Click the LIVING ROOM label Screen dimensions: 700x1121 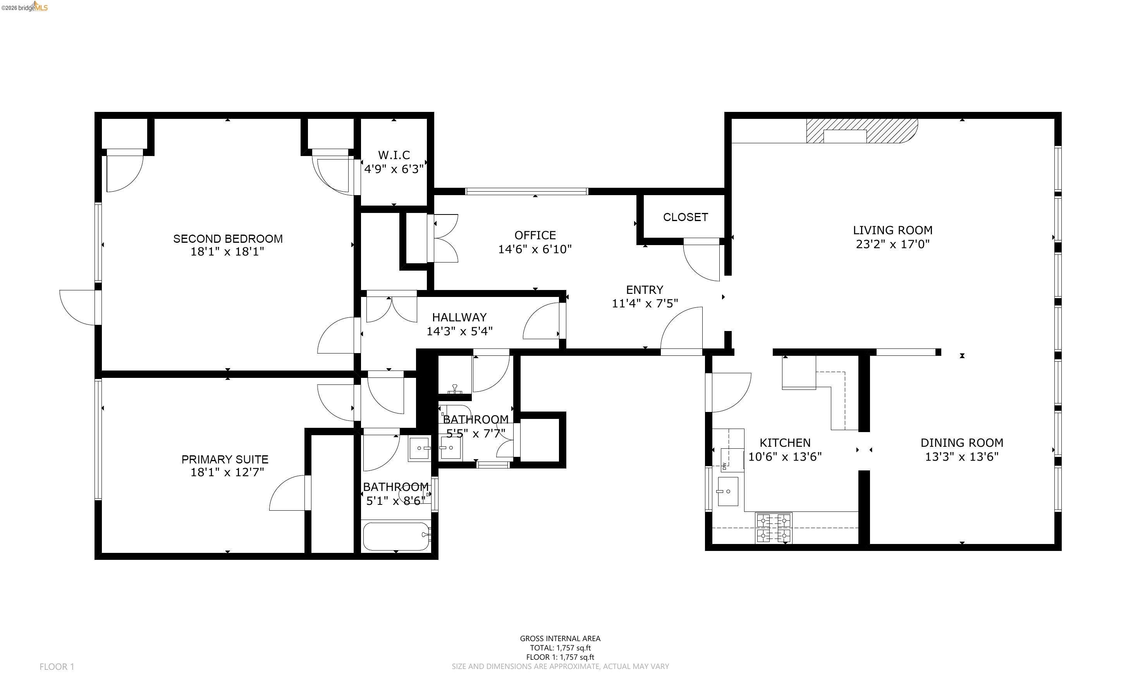click(892, 230)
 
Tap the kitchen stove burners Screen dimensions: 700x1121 click(773, 528)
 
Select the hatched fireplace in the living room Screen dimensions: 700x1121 click(861, 131)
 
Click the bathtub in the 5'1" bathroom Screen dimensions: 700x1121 click(396, 536)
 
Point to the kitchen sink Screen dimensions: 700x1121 click(727, 491)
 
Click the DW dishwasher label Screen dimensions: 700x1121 click(724, 466)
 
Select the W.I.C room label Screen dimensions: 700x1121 click(394, 155)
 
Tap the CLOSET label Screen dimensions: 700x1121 click(685, 217)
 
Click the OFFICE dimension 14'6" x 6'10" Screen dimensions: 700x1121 click(535, 249)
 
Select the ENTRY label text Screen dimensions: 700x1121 click(645, 290)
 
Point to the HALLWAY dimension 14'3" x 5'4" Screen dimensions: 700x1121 click(459, 331)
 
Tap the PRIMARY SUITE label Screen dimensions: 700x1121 click(225, 459)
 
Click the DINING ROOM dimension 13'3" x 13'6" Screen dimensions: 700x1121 click(962, 456)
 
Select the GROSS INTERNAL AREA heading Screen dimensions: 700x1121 click(560, 638)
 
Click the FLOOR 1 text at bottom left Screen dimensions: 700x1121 click(57, 667)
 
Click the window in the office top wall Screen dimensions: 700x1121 click(526, 191)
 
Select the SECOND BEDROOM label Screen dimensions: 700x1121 click(227, 239)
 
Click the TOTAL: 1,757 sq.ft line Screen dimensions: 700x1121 click(560, 648)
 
